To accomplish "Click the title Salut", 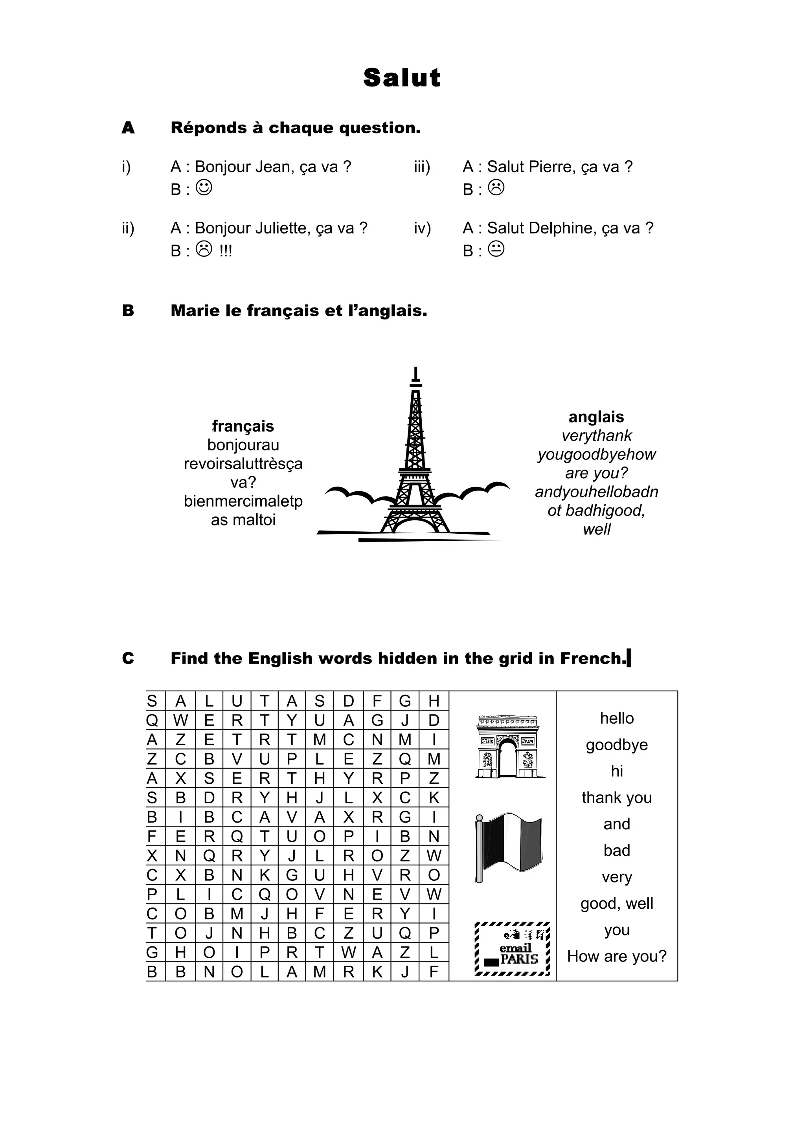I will (x=402, y=78).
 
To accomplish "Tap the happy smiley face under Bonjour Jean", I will (x=204, y=187).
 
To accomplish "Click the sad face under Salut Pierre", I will (x=496, y=187).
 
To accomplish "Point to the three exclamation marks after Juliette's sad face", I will (x=226, y=251).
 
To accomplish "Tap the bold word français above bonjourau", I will (x=243, y=426).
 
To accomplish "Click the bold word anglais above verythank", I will (x=596, y=417).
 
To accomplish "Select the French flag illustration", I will (x=508, y=848).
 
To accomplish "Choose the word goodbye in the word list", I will (x=616, y=745).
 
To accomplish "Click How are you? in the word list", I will (x=616, y=957).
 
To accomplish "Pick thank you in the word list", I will (x=616, y=798).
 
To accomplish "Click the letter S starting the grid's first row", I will (x=152, y=701).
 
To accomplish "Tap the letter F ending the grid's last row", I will (x=434, y=972).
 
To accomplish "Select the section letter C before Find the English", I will (x=128, y=658).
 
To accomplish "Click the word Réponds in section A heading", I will (x=208, y=128).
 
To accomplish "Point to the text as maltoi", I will (x=243, y=520).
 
